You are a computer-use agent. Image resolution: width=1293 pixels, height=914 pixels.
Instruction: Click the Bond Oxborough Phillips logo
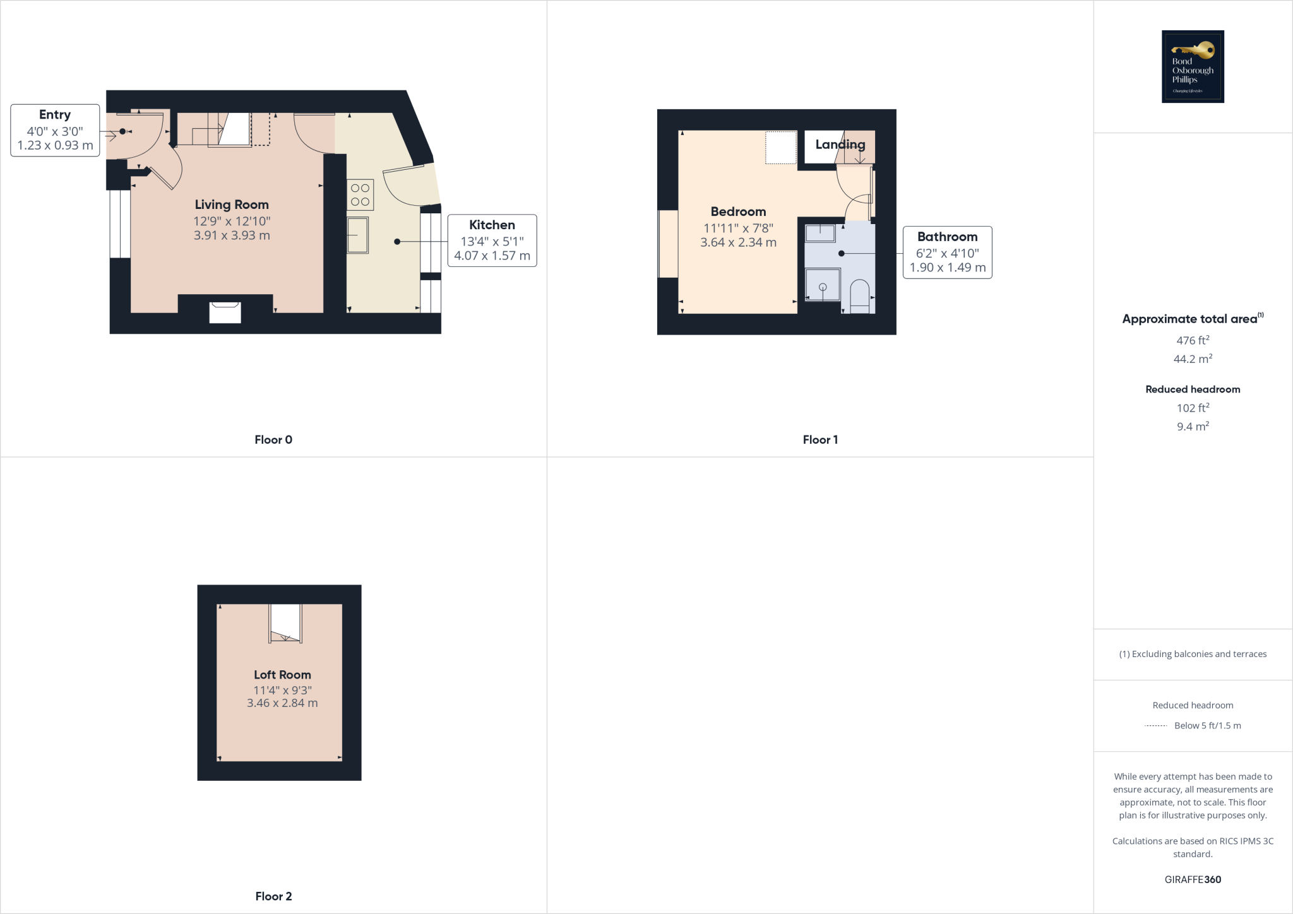point(1193,66)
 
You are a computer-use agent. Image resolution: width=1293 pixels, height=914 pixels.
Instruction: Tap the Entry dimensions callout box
point(55,131)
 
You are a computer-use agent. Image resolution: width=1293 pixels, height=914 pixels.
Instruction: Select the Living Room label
point(232,205)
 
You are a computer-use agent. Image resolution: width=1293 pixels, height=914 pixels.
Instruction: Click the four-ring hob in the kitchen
point(360,194)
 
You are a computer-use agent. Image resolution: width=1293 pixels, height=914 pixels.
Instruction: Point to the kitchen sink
point(358,235)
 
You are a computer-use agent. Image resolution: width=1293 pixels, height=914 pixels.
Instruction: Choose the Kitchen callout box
point(492,240)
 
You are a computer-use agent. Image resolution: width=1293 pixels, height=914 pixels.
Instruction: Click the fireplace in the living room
point(225,312)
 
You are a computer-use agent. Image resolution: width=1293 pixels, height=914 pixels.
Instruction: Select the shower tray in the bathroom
point(823,285)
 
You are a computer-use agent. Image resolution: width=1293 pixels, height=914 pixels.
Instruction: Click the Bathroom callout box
point(947,252)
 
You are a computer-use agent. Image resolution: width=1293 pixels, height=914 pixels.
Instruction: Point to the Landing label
point(840,145)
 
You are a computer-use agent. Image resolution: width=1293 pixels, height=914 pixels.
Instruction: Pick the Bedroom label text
point(738,211)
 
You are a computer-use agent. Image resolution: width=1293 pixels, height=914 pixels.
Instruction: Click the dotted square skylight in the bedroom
point(781,148)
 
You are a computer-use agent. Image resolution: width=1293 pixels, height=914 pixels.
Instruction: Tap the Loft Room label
point(282,675)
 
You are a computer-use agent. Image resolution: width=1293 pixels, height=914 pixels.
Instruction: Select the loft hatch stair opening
point(285,624)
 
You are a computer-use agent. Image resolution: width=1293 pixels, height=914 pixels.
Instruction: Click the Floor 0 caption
point(273,440)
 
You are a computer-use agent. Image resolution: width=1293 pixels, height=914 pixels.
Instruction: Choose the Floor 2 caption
point(273,896)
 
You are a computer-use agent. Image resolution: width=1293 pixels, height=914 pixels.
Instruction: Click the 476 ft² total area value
point(1193,340)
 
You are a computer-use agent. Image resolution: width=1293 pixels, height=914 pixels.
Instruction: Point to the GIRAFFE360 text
point(1193,879)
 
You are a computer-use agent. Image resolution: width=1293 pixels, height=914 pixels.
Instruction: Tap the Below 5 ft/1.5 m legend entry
point(1207,726)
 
